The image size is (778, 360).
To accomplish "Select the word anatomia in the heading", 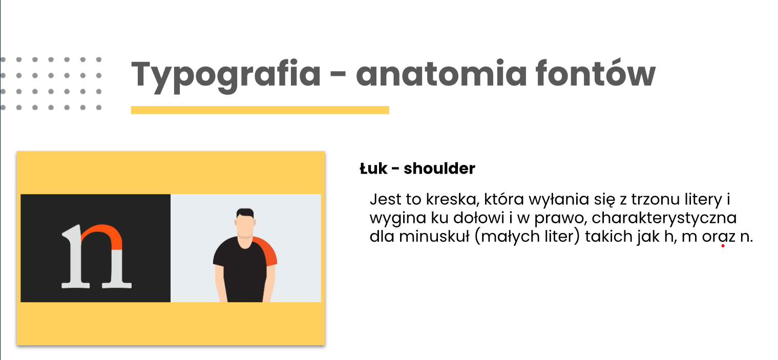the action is pyautogui.click(x=441, y=73).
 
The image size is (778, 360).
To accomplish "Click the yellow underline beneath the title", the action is pyautogui.click(x=260, y=110).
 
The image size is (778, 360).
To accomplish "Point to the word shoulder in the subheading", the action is pyautogui.click(x=439, y=168).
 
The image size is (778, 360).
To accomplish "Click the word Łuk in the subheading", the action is pyautogui.click(x=373, y=168).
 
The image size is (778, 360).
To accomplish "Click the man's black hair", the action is pyautogui.click(x=245, y=213).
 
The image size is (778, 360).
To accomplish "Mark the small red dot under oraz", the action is pyautogui.click(x=723, y=246).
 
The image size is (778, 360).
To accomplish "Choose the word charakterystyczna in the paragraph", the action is pyautogui.click(x=664, y=218).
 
